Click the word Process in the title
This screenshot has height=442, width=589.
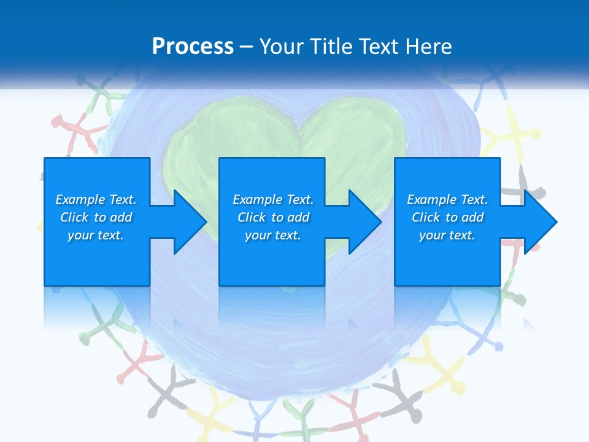pyautogui.click(x=193, y=47)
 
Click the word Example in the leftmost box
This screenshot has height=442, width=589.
pyautogui.click(x=80, y=200)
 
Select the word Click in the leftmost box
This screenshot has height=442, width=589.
pyautogui.click(x=74, y=217)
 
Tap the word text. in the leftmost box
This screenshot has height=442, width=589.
pyautogui.click(x=110, y=235)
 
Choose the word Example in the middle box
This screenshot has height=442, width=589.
pyautogui.click(x=257, y=200)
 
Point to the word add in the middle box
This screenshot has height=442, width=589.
pyautogui.click(x=298, y=217)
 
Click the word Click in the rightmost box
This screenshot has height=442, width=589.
pyautogui.click(x=426, y=217)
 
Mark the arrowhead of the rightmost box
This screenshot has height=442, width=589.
pyautogui.click(x=539, y=222)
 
